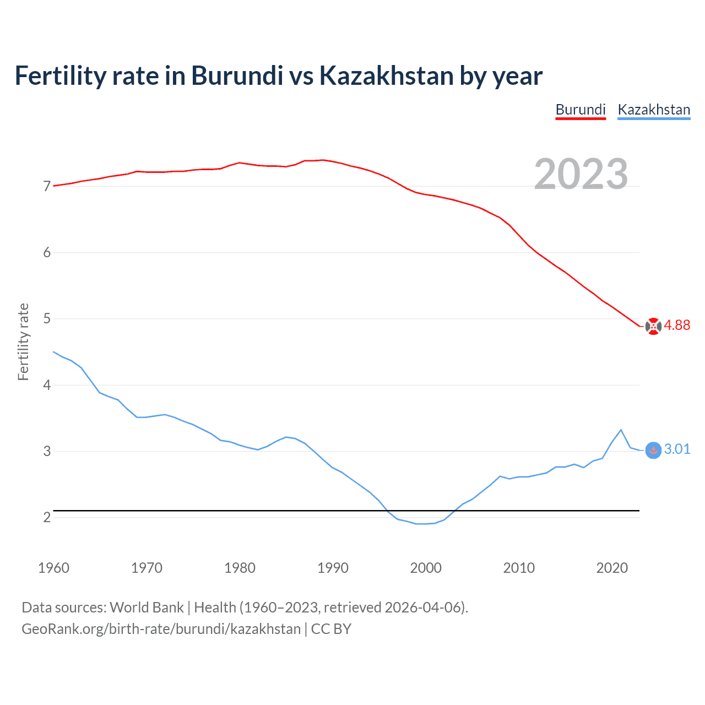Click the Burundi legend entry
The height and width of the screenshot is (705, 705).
tap(581, 110)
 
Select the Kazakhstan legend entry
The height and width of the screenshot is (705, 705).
tap(654, 110)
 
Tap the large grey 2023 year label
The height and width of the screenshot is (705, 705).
tap(581, 174)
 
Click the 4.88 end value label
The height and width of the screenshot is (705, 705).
tap(677, 326)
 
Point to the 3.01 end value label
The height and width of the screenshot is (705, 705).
tap(677, 449)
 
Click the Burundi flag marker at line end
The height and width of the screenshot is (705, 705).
tap(653, 326)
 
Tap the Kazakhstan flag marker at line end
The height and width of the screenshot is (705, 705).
tap(653, 451)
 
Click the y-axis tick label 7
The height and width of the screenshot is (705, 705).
tap(47, 187)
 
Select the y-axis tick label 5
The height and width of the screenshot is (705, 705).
tap(47, 319)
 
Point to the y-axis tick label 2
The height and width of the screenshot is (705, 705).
tap(47, 518)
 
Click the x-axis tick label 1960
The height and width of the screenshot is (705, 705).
tap(53, 568)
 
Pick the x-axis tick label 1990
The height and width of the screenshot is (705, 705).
tap(333, 568)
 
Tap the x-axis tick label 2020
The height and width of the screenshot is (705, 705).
tap(612, 568)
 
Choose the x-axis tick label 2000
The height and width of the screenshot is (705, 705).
tap(426, 568)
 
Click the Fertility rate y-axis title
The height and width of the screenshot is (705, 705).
tap(23, 341)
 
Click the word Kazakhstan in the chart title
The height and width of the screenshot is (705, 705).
tap(387, 76)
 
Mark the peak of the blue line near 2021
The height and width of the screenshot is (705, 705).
tap(621, 430)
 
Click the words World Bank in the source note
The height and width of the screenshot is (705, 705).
tap(147, 608)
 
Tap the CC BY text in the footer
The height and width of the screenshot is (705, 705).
tap(331, 629)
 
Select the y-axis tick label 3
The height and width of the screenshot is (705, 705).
tap(47, 452)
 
